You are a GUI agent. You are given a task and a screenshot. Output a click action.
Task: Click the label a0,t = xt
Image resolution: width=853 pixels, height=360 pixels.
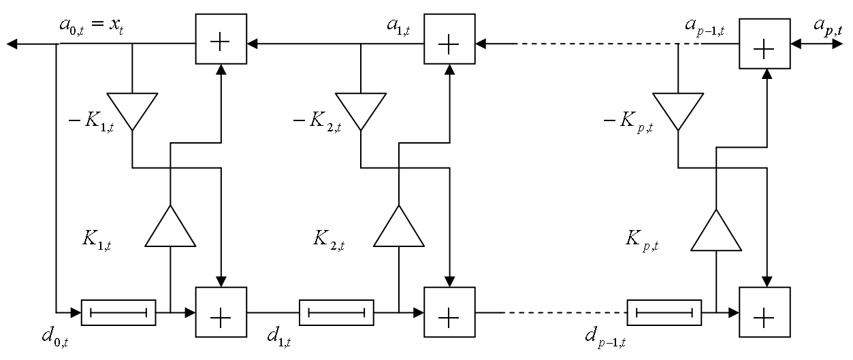coord(91,26)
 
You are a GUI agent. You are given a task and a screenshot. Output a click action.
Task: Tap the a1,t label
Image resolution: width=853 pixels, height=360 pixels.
coord(398,27)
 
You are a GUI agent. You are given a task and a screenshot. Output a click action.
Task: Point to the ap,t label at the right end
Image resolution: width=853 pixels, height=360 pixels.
coord(828,27)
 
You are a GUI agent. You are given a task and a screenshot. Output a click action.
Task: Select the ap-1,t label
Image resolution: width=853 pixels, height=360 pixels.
coord(705,27)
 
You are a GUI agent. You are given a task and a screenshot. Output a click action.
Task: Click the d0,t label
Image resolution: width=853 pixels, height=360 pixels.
coord(55,338)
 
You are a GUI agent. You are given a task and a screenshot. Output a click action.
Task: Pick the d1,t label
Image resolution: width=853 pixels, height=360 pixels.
coord(279,338)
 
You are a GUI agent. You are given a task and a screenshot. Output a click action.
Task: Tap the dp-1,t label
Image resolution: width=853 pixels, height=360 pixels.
coord(605,338)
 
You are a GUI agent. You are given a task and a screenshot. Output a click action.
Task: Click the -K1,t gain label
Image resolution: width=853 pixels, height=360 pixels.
coord(91,122)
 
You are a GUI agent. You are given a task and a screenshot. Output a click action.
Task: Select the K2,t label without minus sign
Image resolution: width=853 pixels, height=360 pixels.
coord(329,240)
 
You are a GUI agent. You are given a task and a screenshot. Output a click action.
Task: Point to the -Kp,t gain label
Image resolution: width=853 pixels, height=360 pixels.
coord(628,122)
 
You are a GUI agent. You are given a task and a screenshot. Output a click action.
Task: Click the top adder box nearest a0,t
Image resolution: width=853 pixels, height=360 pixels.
coord(221,39)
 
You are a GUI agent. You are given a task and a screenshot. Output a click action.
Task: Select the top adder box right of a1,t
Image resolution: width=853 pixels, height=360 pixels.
coord(449,39)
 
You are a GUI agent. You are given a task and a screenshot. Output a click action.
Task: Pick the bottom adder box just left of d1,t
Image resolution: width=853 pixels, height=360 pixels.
coord(221,312)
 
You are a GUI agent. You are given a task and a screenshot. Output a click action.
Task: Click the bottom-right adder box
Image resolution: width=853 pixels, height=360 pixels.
coord(765,312)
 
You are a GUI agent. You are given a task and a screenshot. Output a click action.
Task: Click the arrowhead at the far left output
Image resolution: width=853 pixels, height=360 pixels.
coord(12,44)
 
